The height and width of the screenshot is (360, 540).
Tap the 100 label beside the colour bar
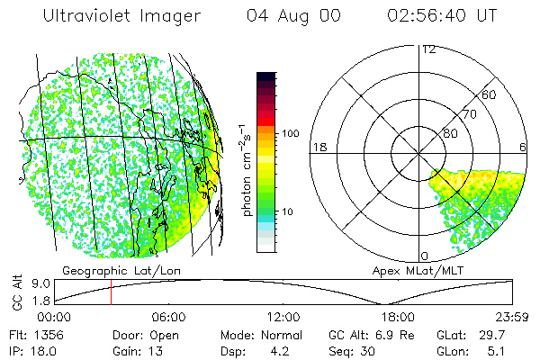(291, 133)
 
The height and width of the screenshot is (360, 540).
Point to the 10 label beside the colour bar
(288, 211)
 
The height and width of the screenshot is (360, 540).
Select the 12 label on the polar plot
(428, 49)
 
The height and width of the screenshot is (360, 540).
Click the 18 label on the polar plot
(317, 147)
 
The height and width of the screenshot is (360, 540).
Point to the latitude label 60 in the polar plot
(489, 94)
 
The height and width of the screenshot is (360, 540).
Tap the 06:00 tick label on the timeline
(168, 317)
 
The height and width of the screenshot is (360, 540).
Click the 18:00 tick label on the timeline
(397, 317)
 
